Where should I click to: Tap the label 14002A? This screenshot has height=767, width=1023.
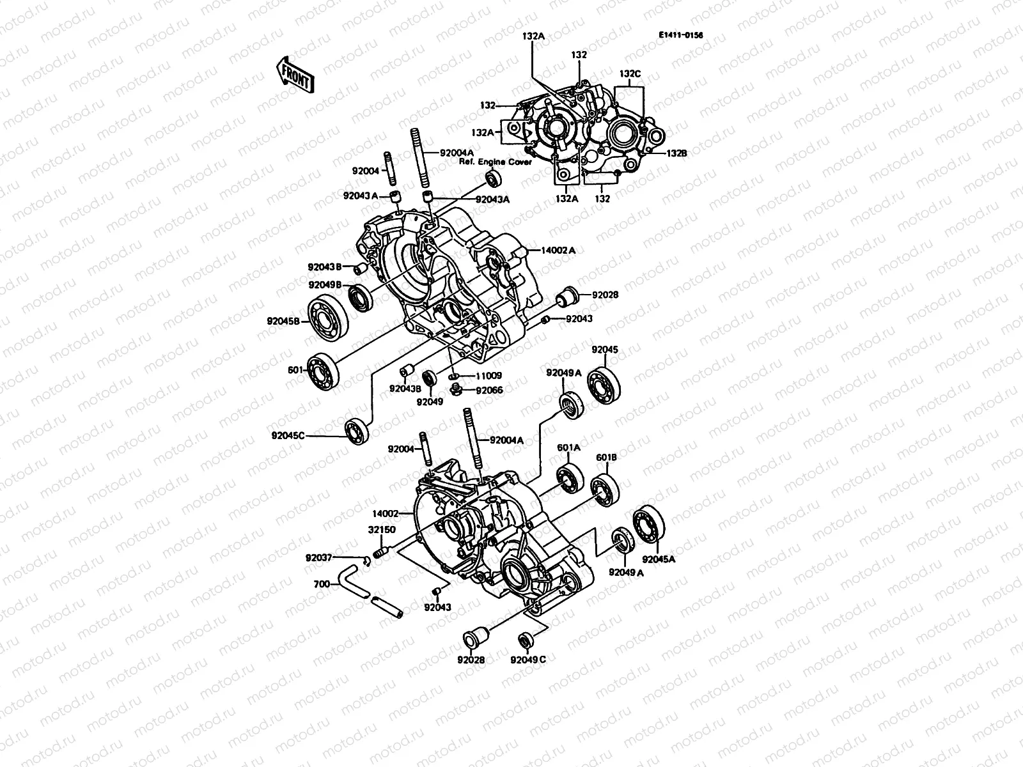coord(558,251)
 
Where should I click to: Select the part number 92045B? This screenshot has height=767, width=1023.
coord(283,322)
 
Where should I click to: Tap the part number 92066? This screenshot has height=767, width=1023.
coord(489,390)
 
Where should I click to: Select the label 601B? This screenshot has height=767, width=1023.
coord(606,458)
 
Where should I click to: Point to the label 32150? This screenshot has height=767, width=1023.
coord(381,530)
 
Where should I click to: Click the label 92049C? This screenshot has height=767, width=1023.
coord(528,660)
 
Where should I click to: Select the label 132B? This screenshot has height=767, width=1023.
coord(676,153)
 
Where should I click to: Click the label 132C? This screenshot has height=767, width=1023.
coord(629,74)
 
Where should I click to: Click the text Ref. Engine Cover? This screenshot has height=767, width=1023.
coord(495,162)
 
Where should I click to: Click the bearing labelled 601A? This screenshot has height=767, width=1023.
coord(568,479)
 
